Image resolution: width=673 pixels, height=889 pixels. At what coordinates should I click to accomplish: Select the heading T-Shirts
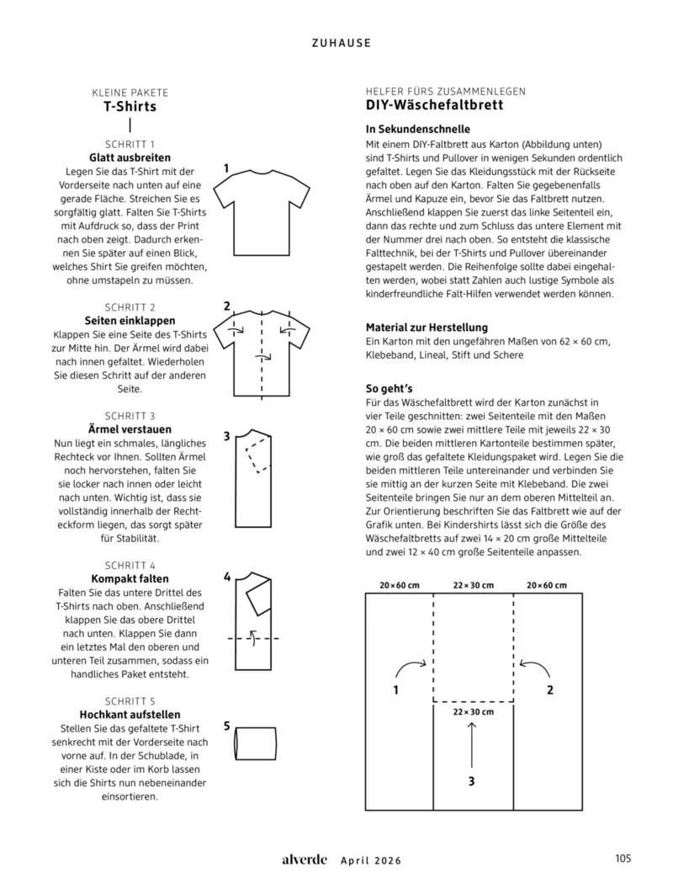point(130,107)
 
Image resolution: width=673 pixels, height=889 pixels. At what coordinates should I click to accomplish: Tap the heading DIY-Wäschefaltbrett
point(434,105)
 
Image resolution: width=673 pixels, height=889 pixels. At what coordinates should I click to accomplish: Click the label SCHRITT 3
point(130,416)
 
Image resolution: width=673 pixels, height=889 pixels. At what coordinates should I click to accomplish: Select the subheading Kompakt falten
point(130,578)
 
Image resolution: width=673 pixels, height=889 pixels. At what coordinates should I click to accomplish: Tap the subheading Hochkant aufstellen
point(130,714)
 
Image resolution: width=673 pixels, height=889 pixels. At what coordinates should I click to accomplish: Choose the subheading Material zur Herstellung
point(427,327)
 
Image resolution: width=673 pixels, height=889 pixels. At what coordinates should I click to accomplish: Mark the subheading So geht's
point(390,389)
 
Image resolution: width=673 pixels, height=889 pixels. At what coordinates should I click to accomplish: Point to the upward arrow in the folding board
point(472,742)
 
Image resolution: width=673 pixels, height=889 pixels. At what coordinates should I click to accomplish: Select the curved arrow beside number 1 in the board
point(412,668)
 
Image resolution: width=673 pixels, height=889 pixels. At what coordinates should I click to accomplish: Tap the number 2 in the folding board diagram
point(549,690)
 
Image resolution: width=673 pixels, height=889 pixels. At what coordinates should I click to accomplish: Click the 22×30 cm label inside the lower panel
point(472,711)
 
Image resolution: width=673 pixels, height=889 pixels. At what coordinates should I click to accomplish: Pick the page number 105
point(623,860)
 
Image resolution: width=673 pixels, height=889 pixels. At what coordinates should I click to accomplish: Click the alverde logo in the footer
point(305,860)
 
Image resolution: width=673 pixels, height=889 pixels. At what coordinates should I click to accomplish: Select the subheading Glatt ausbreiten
point(130,157)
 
